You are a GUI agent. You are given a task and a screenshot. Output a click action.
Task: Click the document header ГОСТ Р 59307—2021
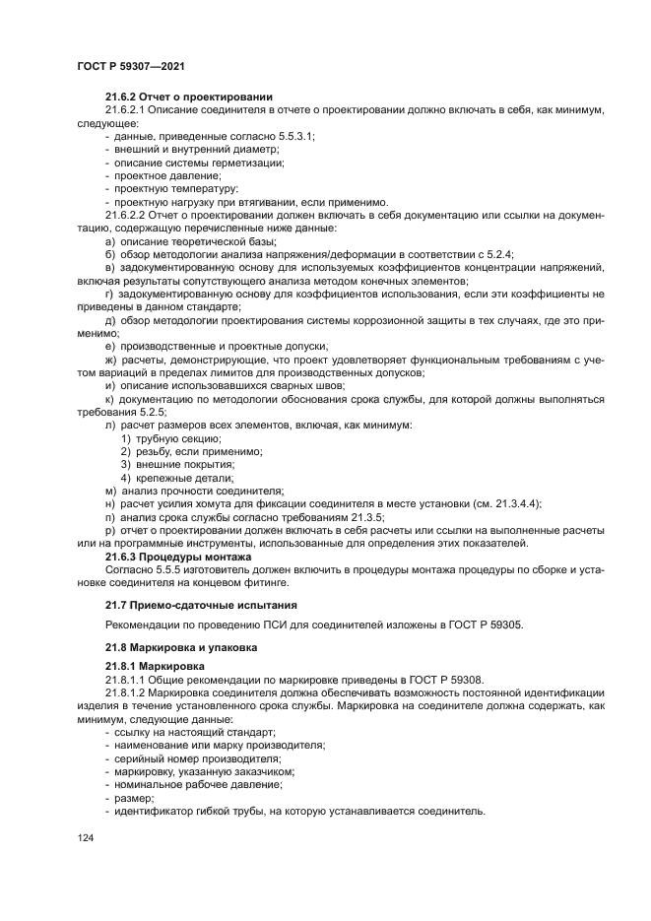pos(131,65)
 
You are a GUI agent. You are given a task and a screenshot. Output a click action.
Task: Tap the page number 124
pos(85,837)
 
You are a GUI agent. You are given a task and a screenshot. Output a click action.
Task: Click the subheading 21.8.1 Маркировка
pos(155,667)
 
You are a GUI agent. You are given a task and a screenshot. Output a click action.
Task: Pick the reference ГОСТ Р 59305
pos(489,625)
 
